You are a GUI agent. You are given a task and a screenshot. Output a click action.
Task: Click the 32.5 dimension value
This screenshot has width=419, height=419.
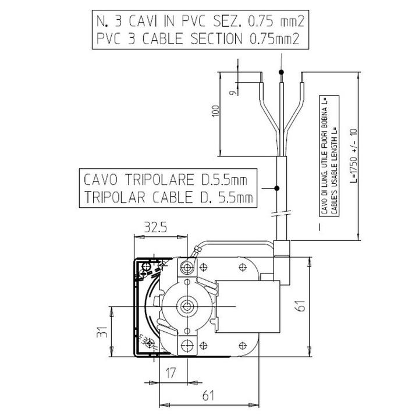pos(155,228)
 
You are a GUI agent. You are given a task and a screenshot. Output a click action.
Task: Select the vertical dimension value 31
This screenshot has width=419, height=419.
pos(102,332)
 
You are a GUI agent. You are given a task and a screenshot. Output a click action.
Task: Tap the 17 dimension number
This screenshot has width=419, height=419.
pos(171,373)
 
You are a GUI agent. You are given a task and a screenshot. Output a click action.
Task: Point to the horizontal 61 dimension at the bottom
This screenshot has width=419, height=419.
pos(208,396)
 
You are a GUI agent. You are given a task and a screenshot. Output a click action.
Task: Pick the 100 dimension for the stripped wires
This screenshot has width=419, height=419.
pos(215,111)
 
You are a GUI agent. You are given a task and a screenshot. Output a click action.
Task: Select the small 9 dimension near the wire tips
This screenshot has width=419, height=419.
pos(233,93)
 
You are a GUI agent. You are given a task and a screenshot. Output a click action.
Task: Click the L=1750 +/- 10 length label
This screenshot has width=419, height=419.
pos(353,155)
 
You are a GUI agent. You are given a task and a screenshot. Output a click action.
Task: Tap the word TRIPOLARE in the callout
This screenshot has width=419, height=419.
pos(159,180)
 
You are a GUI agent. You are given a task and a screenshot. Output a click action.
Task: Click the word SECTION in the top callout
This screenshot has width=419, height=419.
pos(216,39)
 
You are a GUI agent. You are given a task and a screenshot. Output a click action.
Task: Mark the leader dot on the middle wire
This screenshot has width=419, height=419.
pos(281,72)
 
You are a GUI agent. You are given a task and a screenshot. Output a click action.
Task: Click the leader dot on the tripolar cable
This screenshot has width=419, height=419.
pos(277,189)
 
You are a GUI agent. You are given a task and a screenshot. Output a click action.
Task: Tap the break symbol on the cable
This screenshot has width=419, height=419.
pos(281,213)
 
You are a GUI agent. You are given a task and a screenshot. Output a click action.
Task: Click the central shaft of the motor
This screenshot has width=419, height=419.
pos(187,306)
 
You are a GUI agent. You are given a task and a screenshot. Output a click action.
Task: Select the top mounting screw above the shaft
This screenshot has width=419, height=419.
pos(187,267)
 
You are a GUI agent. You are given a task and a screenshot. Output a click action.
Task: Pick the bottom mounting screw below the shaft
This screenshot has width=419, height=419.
pos(187,346)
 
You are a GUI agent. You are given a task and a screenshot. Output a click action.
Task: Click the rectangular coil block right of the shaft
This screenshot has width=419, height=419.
pos(248,307)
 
